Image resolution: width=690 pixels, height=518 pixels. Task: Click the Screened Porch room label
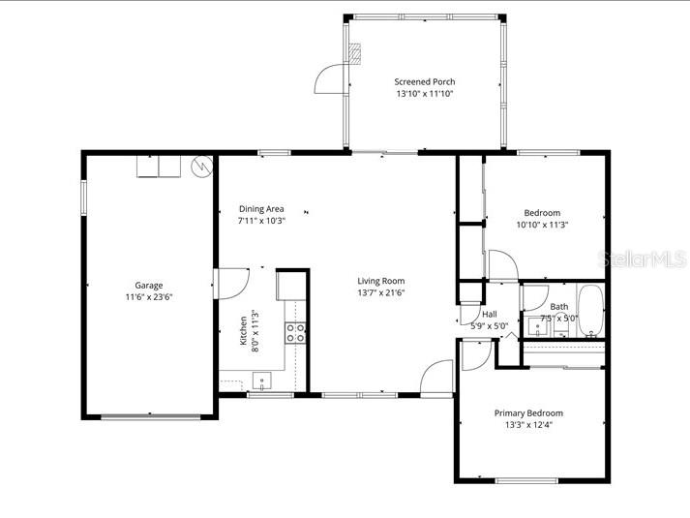424,81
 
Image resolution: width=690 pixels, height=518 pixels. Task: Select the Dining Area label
261,208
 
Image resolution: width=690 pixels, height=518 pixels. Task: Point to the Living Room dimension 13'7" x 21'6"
380,292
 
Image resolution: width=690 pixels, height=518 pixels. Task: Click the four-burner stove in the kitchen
295,333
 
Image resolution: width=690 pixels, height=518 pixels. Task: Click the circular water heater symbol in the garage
202,167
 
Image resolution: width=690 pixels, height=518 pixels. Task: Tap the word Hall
490,314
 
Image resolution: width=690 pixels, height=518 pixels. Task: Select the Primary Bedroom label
528,412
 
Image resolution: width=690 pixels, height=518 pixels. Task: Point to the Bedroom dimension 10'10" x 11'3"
542,225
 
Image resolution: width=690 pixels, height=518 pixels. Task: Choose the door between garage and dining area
230,284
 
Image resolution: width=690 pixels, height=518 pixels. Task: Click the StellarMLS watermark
645,258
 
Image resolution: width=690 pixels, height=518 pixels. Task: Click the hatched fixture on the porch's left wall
356,54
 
